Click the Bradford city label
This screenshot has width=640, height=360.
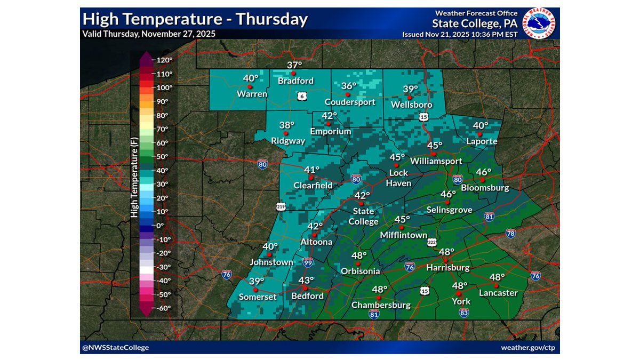[295, 81]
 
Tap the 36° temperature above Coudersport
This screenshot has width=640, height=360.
[349, 86]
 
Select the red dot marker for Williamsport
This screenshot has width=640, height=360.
[434, 154]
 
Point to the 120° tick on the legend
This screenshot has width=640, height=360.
[163, 60]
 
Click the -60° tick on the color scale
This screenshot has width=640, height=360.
[163, 308]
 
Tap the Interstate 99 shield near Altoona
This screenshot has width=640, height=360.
[307, 262]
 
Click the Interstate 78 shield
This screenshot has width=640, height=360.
[510, 233]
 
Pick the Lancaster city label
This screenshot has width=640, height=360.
[498, 293]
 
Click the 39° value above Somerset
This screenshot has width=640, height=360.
[257, 281]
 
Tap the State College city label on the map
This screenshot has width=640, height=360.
[362, 216]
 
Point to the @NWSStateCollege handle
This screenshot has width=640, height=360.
[116, 348]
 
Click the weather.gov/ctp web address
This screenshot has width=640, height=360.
[527, 348]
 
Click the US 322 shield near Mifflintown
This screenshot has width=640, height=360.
[431, 243]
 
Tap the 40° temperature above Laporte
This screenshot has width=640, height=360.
[481, 126]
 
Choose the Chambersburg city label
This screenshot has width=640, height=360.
[381, 305]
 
